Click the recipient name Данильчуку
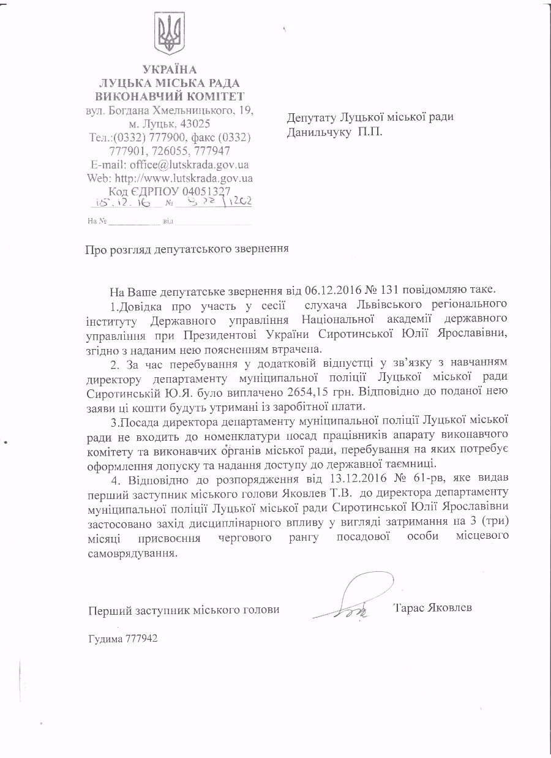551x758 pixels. (317, 132)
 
